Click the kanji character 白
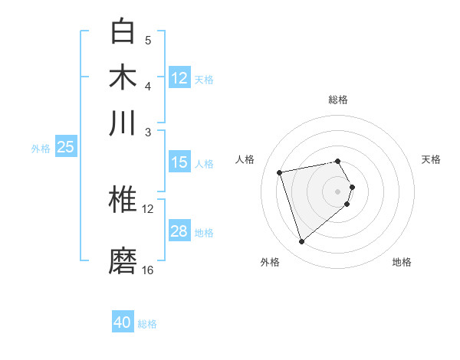point(123,32)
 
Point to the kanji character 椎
point(123,201)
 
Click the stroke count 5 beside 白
point(148,40)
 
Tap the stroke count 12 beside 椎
point(148,208)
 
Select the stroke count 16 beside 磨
point(148,270)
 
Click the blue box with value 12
point(179,77)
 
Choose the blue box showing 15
point(179,162)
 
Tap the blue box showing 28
point(179,231)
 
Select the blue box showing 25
point(65,147)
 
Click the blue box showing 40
point(123,322)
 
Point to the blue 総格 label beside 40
point(147,324)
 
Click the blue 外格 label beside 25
point(41,149)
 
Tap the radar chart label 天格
point(432,159)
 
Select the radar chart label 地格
point(402,262)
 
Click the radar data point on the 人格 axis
point(280,172)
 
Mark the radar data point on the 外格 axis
point(301,242)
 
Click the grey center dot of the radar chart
point(337,191)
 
